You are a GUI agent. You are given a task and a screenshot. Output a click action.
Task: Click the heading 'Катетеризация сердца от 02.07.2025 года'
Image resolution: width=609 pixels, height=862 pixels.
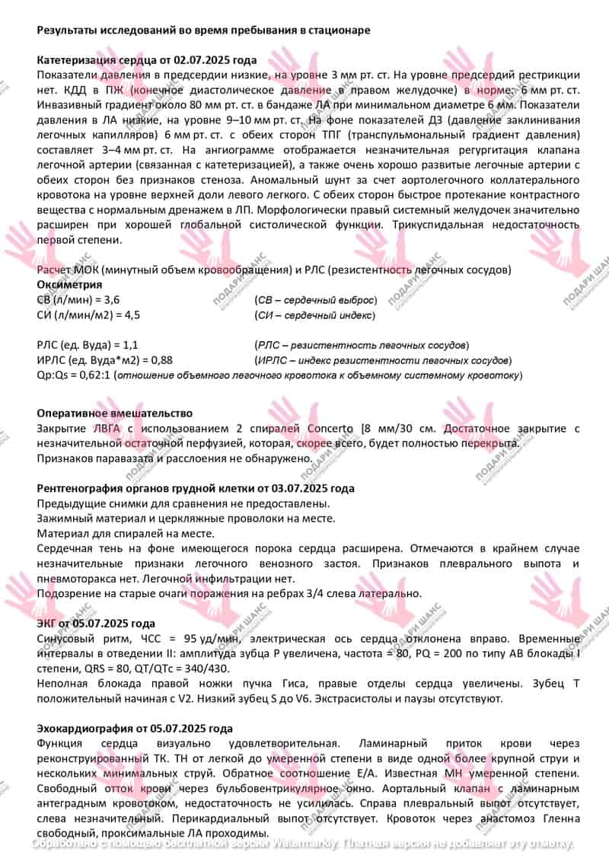tap(147, 60)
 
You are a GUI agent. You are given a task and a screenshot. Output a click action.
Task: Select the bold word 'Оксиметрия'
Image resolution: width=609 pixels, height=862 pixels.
tap(69, 285)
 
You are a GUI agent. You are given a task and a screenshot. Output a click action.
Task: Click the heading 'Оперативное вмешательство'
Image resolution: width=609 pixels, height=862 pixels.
tap(114, 413)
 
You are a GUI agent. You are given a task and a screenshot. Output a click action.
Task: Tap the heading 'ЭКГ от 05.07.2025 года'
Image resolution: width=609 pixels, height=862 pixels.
tap(96, 623)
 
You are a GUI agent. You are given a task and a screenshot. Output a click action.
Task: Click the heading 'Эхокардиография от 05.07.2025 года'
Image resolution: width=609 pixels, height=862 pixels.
tap(135, 729)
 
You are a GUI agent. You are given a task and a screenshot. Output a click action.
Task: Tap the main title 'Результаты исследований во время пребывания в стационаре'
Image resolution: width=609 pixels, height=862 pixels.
tap(204, 30)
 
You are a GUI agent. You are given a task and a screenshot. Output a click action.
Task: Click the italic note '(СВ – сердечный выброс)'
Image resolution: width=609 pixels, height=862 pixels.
tap(315, 299)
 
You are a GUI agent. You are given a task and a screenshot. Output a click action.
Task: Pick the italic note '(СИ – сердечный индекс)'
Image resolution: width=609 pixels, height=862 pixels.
tap(314, 314)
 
